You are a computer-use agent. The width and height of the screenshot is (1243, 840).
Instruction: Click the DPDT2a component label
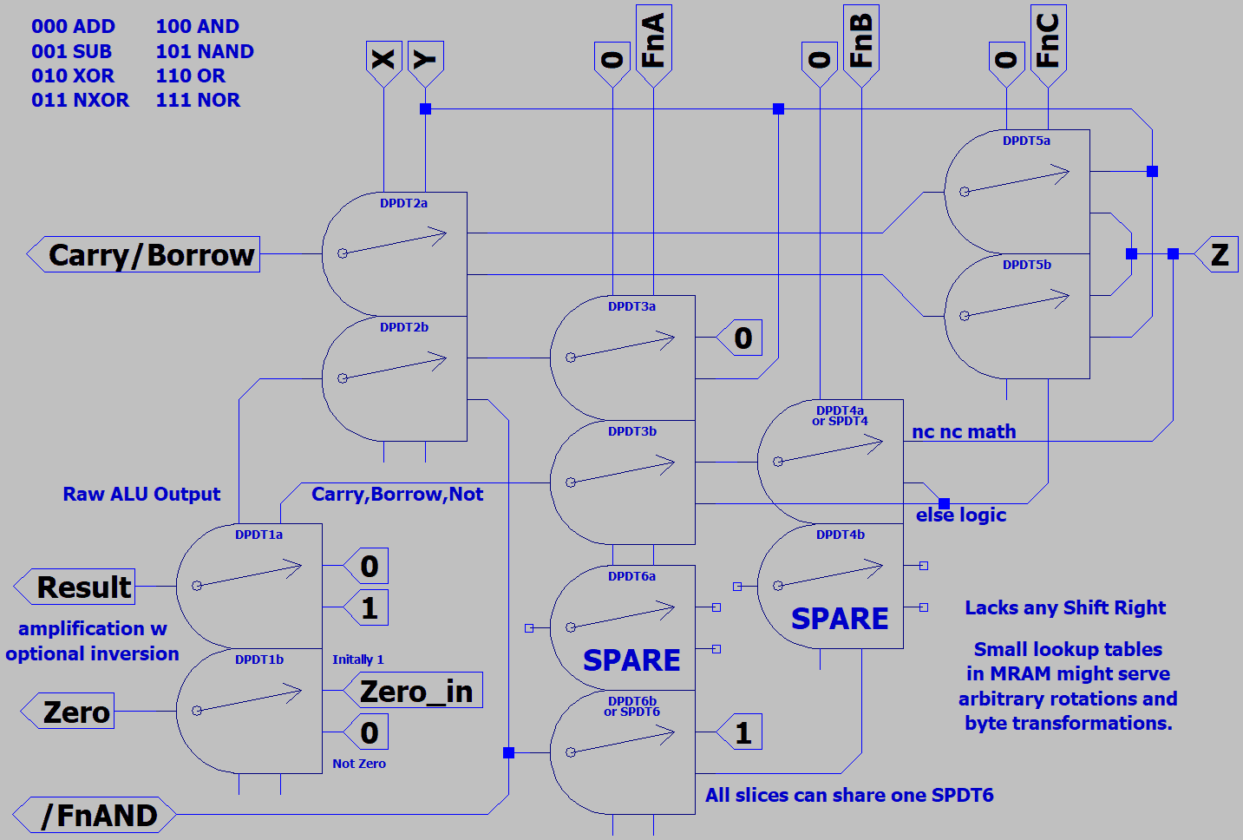tap(403, 203)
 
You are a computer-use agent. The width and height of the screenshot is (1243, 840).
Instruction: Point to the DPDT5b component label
tap(1026, 265)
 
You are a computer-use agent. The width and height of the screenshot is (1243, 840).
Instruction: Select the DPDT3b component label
tap(631, 431)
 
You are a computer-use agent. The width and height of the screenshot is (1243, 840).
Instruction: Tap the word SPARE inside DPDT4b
tap(840, 618)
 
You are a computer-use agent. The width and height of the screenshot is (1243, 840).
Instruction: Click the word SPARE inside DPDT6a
tap(631, 660)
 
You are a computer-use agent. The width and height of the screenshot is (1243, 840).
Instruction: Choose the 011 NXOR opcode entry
tap(80, 100)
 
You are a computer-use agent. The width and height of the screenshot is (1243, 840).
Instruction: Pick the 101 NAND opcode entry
tap(205, 51)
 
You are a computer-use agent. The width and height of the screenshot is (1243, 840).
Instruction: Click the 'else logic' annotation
tap(960, 515)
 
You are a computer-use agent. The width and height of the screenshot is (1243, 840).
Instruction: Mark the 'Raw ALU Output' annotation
tap(141, 494)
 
